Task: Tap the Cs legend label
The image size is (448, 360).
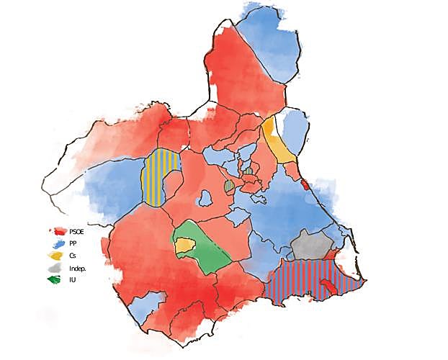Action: click(73, 255)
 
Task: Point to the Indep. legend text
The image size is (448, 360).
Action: click(77, 267)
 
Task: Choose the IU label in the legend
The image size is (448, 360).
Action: click(72, 279)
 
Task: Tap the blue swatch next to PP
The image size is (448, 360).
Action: click(58, 243)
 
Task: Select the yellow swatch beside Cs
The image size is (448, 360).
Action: click(56, 256)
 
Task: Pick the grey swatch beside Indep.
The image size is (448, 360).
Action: click(56, 267)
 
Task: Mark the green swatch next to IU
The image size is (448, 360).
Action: click(56, 279)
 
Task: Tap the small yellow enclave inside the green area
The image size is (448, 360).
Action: click(185, 246)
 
